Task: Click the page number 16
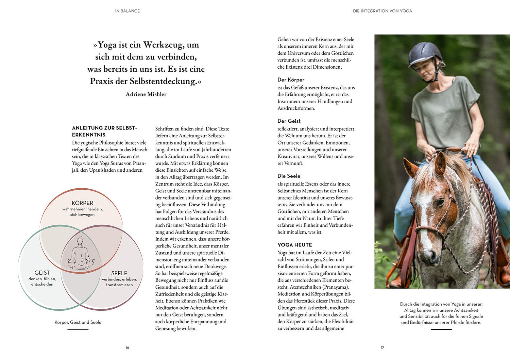pyautogui.click(x=128, y=347)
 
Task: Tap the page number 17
pyautogui.click(x=382, y=347)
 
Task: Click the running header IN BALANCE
pyautogui.click(x=128, y=11)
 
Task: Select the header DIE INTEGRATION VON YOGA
pyautogui.click(x=382, y=11)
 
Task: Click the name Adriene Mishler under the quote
pyautogui.click(x=146, y=94)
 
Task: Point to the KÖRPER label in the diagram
pyautogui.click(x=82, y=203)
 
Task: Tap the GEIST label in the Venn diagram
pyautogui.click(x=42, y=273)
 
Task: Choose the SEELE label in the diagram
pyautogui.click(x=119, y=273)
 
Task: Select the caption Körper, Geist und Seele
pyautogui.click(x=78, y=322)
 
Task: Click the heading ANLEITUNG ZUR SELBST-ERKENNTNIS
pyautogui.click(x=104, y=131)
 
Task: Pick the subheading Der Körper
pyautogui.click(x=291, y=80)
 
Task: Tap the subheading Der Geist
pyautogui.click(x=289, y=121)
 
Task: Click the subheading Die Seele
pyautogui.click(x=289, y=176)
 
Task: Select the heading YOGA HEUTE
pyautogui.click(x=295, y=245)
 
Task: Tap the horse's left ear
pyautogui.click(x=410, y=167)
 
